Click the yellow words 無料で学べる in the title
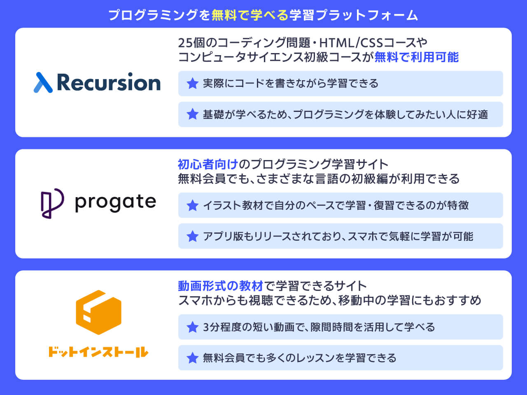(x=250, y=15)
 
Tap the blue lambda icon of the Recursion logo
(x=43, y=82)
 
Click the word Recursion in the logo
(x=109, y=82)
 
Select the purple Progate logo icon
(x=52, y=203)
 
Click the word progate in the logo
(x=115, y=202)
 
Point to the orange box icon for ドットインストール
(x=99, y=312)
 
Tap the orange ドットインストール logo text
(x=98, y=352)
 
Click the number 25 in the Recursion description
(x=185, y=42)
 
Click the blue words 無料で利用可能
(x=416, y=57)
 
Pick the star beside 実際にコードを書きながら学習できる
(x=192, y=84)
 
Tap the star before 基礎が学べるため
(x=192, y=114)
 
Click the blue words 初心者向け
(x=208, y=164)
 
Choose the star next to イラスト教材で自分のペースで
(x=192, y=205)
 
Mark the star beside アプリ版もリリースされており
(x=192, y=236)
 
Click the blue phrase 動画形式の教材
(x=220, y=286)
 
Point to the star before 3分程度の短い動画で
(x=192, y=327)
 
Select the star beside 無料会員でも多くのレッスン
(x=192, y=358)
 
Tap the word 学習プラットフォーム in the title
(x=353, y=15)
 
